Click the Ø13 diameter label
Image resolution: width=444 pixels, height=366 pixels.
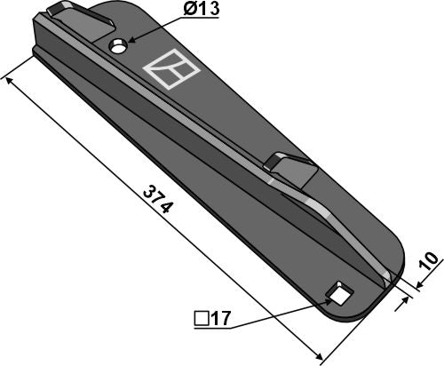coord(202,9)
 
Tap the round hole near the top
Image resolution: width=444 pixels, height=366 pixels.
coord(118,47)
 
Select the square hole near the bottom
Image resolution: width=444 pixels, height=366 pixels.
coord(339,293)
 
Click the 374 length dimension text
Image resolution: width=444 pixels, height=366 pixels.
coord(157,199)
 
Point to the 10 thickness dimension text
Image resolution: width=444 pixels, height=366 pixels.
coord(429,261)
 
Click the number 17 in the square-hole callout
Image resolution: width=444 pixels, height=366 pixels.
coord(220,319)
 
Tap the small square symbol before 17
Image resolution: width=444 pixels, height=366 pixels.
coord(202,319)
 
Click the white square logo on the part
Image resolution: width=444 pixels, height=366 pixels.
coord(171,69)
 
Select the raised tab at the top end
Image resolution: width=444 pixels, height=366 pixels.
coord(80,20)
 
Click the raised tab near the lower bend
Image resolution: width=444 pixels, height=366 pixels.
coord(290,169)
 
